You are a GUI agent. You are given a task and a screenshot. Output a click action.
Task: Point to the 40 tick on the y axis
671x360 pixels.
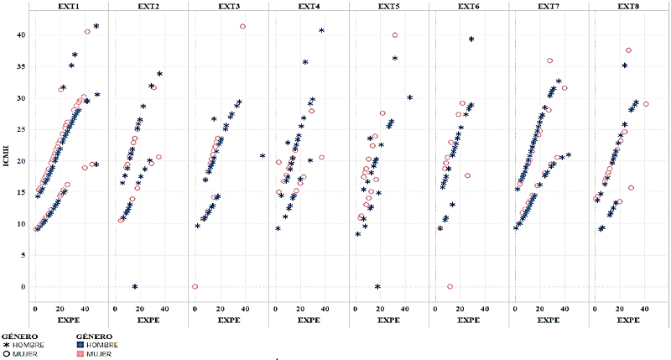coord(21,35)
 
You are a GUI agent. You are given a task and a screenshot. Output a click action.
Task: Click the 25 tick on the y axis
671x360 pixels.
coord(21,129)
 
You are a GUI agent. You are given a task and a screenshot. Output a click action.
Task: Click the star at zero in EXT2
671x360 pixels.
coord(135,287)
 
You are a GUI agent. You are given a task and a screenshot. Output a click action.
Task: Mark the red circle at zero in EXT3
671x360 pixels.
coord(195,287)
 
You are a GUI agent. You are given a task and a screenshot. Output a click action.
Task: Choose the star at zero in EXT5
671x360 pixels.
coord(377,287)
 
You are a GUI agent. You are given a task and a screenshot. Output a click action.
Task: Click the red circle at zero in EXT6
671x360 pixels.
coord(450,287)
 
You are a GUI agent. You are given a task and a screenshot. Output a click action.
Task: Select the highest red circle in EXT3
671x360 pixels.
coord(242,27)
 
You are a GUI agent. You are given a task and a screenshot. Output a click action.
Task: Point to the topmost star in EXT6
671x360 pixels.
coord(471,39)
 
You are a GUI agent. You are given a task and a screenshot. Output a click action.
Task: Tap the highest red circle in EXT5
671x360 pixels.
coord(394,35)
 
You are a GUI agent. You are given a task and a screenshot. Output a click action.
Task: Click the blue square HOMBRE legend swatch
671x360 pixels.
coord(81,345)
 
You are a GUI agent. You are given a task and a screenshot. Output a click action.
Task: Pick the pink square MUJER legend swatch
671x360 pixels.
coord(81,353)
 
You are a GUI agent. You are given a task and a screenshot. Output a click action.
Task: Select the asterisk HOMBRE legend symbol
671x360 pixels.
coord(5,345)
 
